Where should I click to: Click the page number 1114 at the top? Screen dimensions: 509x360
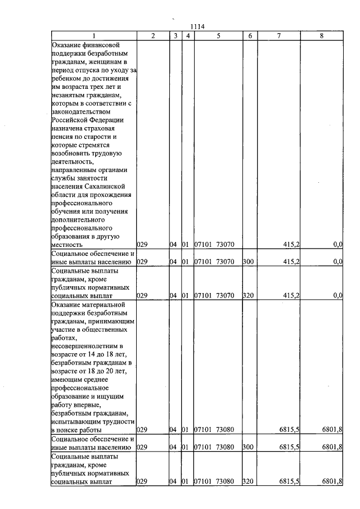197,26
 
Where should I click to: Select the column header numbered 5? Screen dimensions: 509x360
218,36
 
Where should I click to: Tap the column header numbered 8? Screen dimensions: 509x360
321,36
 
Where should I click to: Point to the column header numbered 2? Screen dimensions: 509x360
153,36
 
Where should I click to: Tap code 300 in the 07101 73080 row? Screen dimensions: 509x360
247,447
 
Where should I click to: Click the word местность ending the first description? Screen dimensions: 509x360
66,245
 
